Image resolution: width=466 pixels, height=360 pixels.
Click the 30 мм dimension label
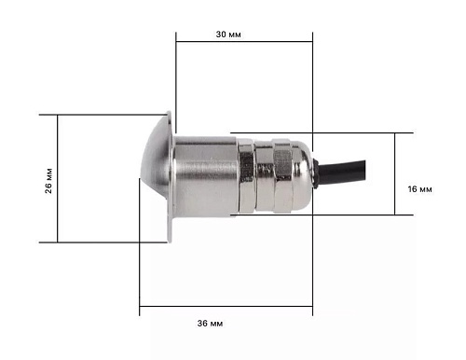(x=228, y=35)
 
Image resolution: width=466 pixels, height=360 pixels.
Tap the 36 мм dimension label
(x=210, y=324)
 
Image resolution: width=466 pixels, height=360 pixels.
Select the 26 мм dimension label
(x=48, y=181)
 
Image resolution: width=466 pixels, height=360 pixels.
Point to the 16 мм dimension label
(x=419, y=189)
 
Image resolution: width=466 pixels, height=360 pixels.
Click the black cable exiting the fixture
(x=342, y=173)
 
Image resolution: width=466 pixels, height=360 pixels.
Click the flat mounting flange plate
(x=170, y=176)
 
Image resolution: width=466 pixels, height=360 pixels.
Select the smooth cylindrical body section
(x=205, y=176)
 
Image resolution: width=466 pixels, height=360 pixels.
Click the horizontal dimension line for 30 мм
(x=244, y=41)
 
